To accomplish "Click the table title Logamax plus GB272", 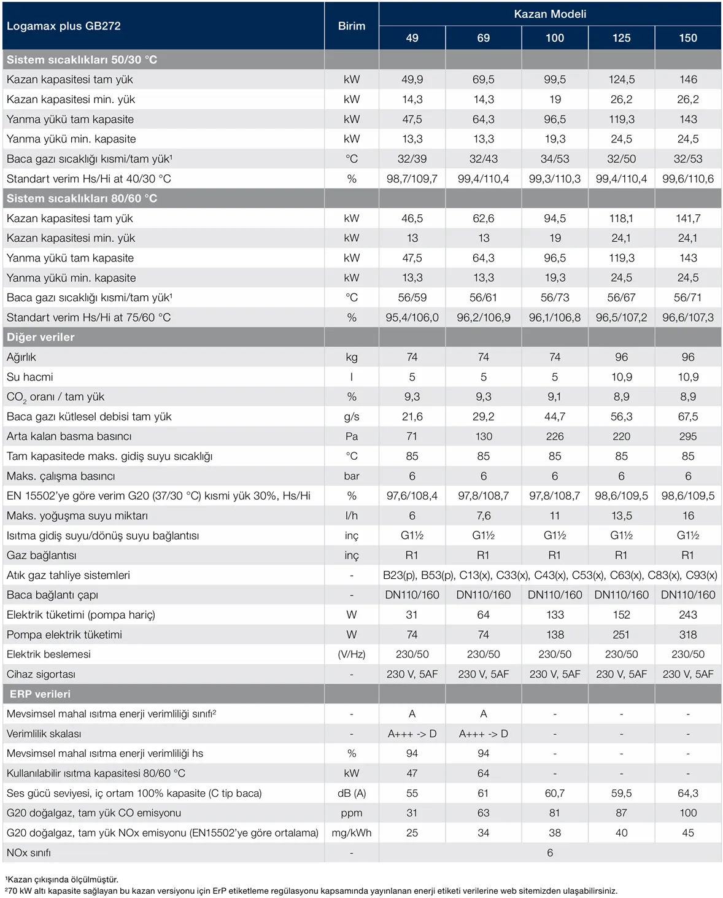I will pos(63,26).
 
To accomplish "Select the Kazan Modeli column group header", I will pos(550,14).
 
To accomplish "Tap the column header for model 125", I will pos(621,38).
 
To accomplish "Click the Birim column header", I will pos(352,26).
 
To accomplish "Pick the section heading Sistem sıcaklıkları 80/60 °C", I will pos(82,198).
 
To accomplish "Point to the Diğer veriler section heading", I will pos(41,337).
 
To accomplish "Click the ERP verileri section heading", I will pos(40,694).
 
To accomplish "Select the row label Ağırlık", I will pos(21,357).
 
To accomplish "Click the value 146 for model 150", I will pos(688,79).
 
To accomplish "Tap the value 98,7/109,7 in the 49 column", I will pos(412,179).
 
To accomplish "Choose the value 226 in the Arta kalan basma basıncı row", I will pos(555,436).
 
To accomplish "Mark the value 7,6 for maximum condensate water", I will pos(484,516).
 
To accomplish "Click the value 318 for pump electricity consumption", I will pos(688,634).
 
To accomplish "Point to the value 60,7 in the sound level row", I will pos(555,793).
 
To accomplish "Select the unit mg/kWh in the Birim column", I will pos(352,833).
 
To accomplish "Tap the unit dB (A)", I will pos(352,793).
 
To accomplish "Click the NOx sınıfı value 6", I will pos(550,853).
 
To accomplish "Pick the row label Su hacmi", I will pos(29,377).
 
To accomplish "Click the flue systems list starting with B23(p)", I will pos(550,575).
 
